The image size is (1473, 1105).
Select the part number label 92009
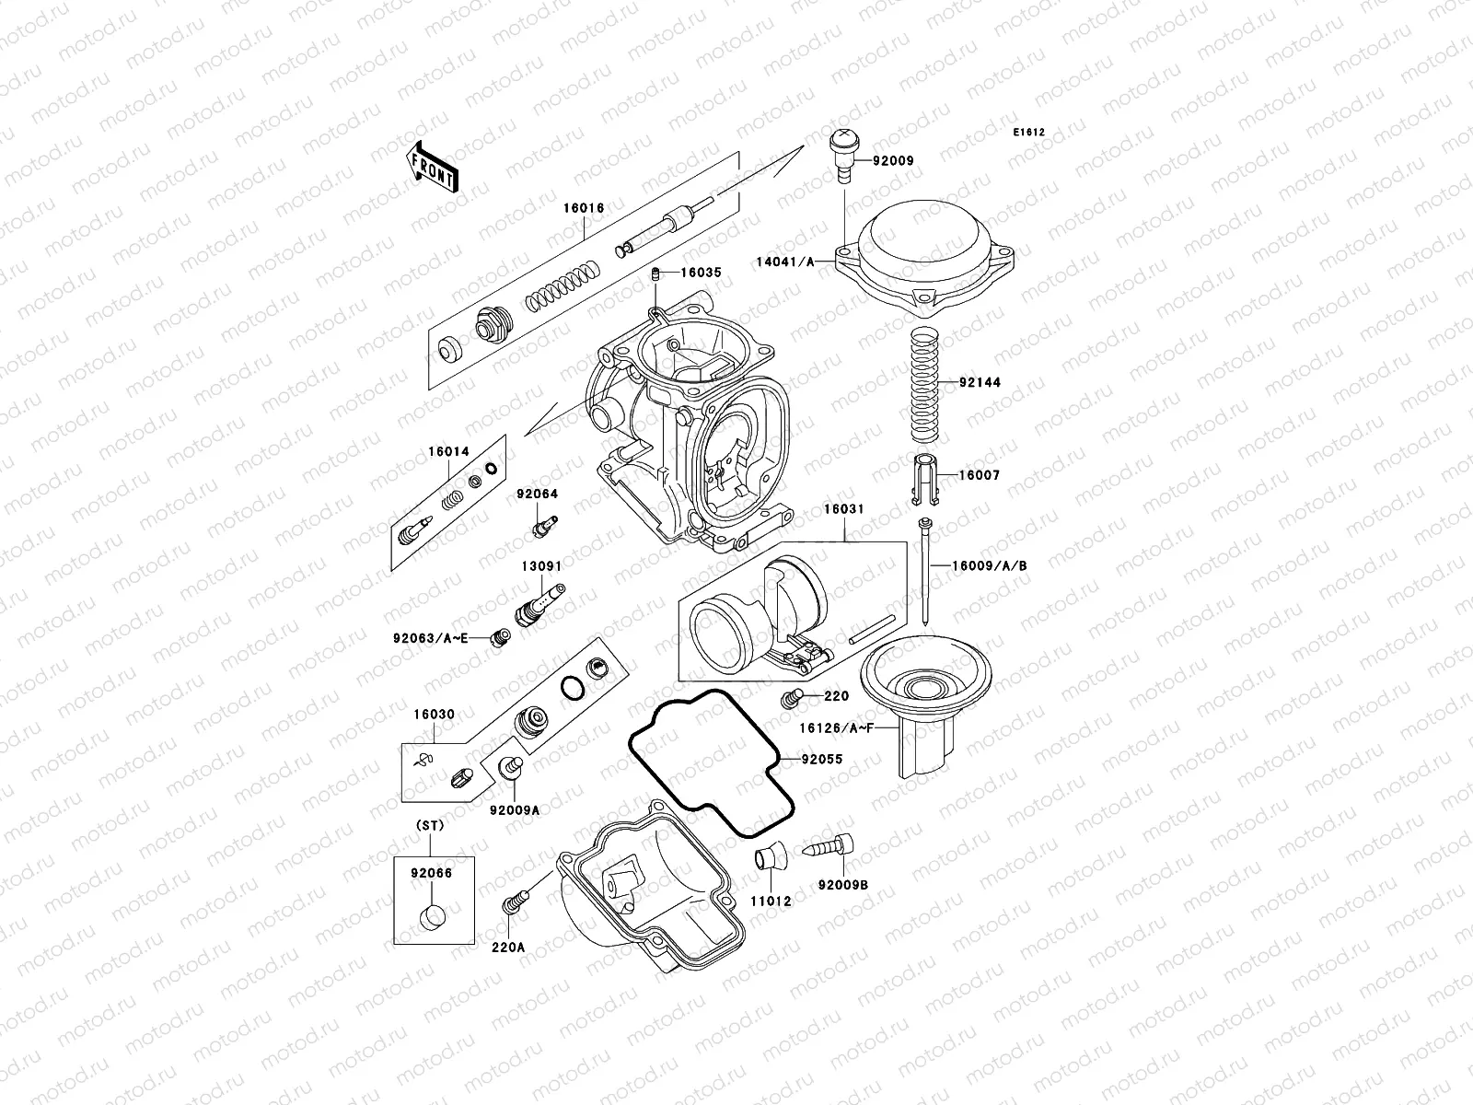[x=893, y=160]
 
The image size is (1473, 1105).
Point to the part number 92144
[x=980, y=382]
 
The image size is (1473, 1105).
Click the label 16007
[x=979, y=476]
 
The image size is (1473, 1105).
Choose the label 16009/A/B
[x=990, y=566]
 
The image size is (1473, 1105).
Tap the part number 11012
[x=771, y=901]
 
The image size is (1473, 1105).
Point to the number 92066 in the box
[x=432, y=873]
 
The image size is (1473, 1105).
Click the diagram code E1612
[x=1029, y=133]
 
